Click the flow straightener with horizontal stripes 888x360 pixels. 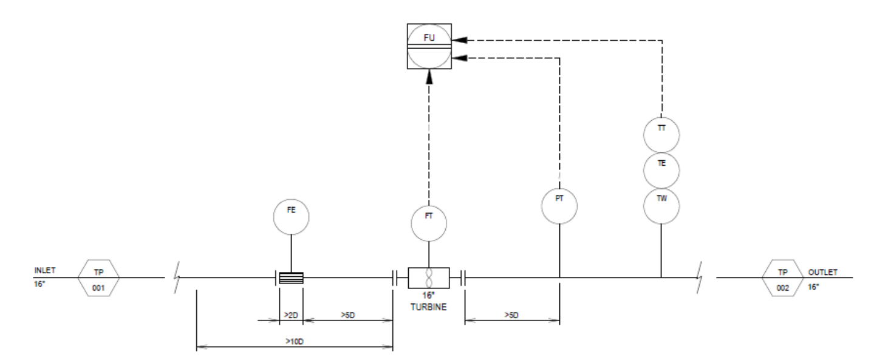point(291,278)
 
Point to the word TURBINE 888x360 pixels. point(429,307)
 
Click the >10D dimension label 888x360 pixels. point(295,341)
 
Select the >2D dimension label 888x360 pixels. point(291,315)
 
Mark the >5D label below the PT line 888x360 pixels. point(511,315)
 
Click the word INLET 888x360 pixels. point(45,271)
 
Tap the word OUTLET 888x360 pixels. point(823,273)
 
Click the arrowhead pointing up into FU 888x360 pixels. point(429,77)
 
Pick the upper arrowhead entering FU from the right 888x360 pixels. point(459,40)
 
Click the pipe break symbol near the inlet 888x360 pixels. point(177,277)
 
